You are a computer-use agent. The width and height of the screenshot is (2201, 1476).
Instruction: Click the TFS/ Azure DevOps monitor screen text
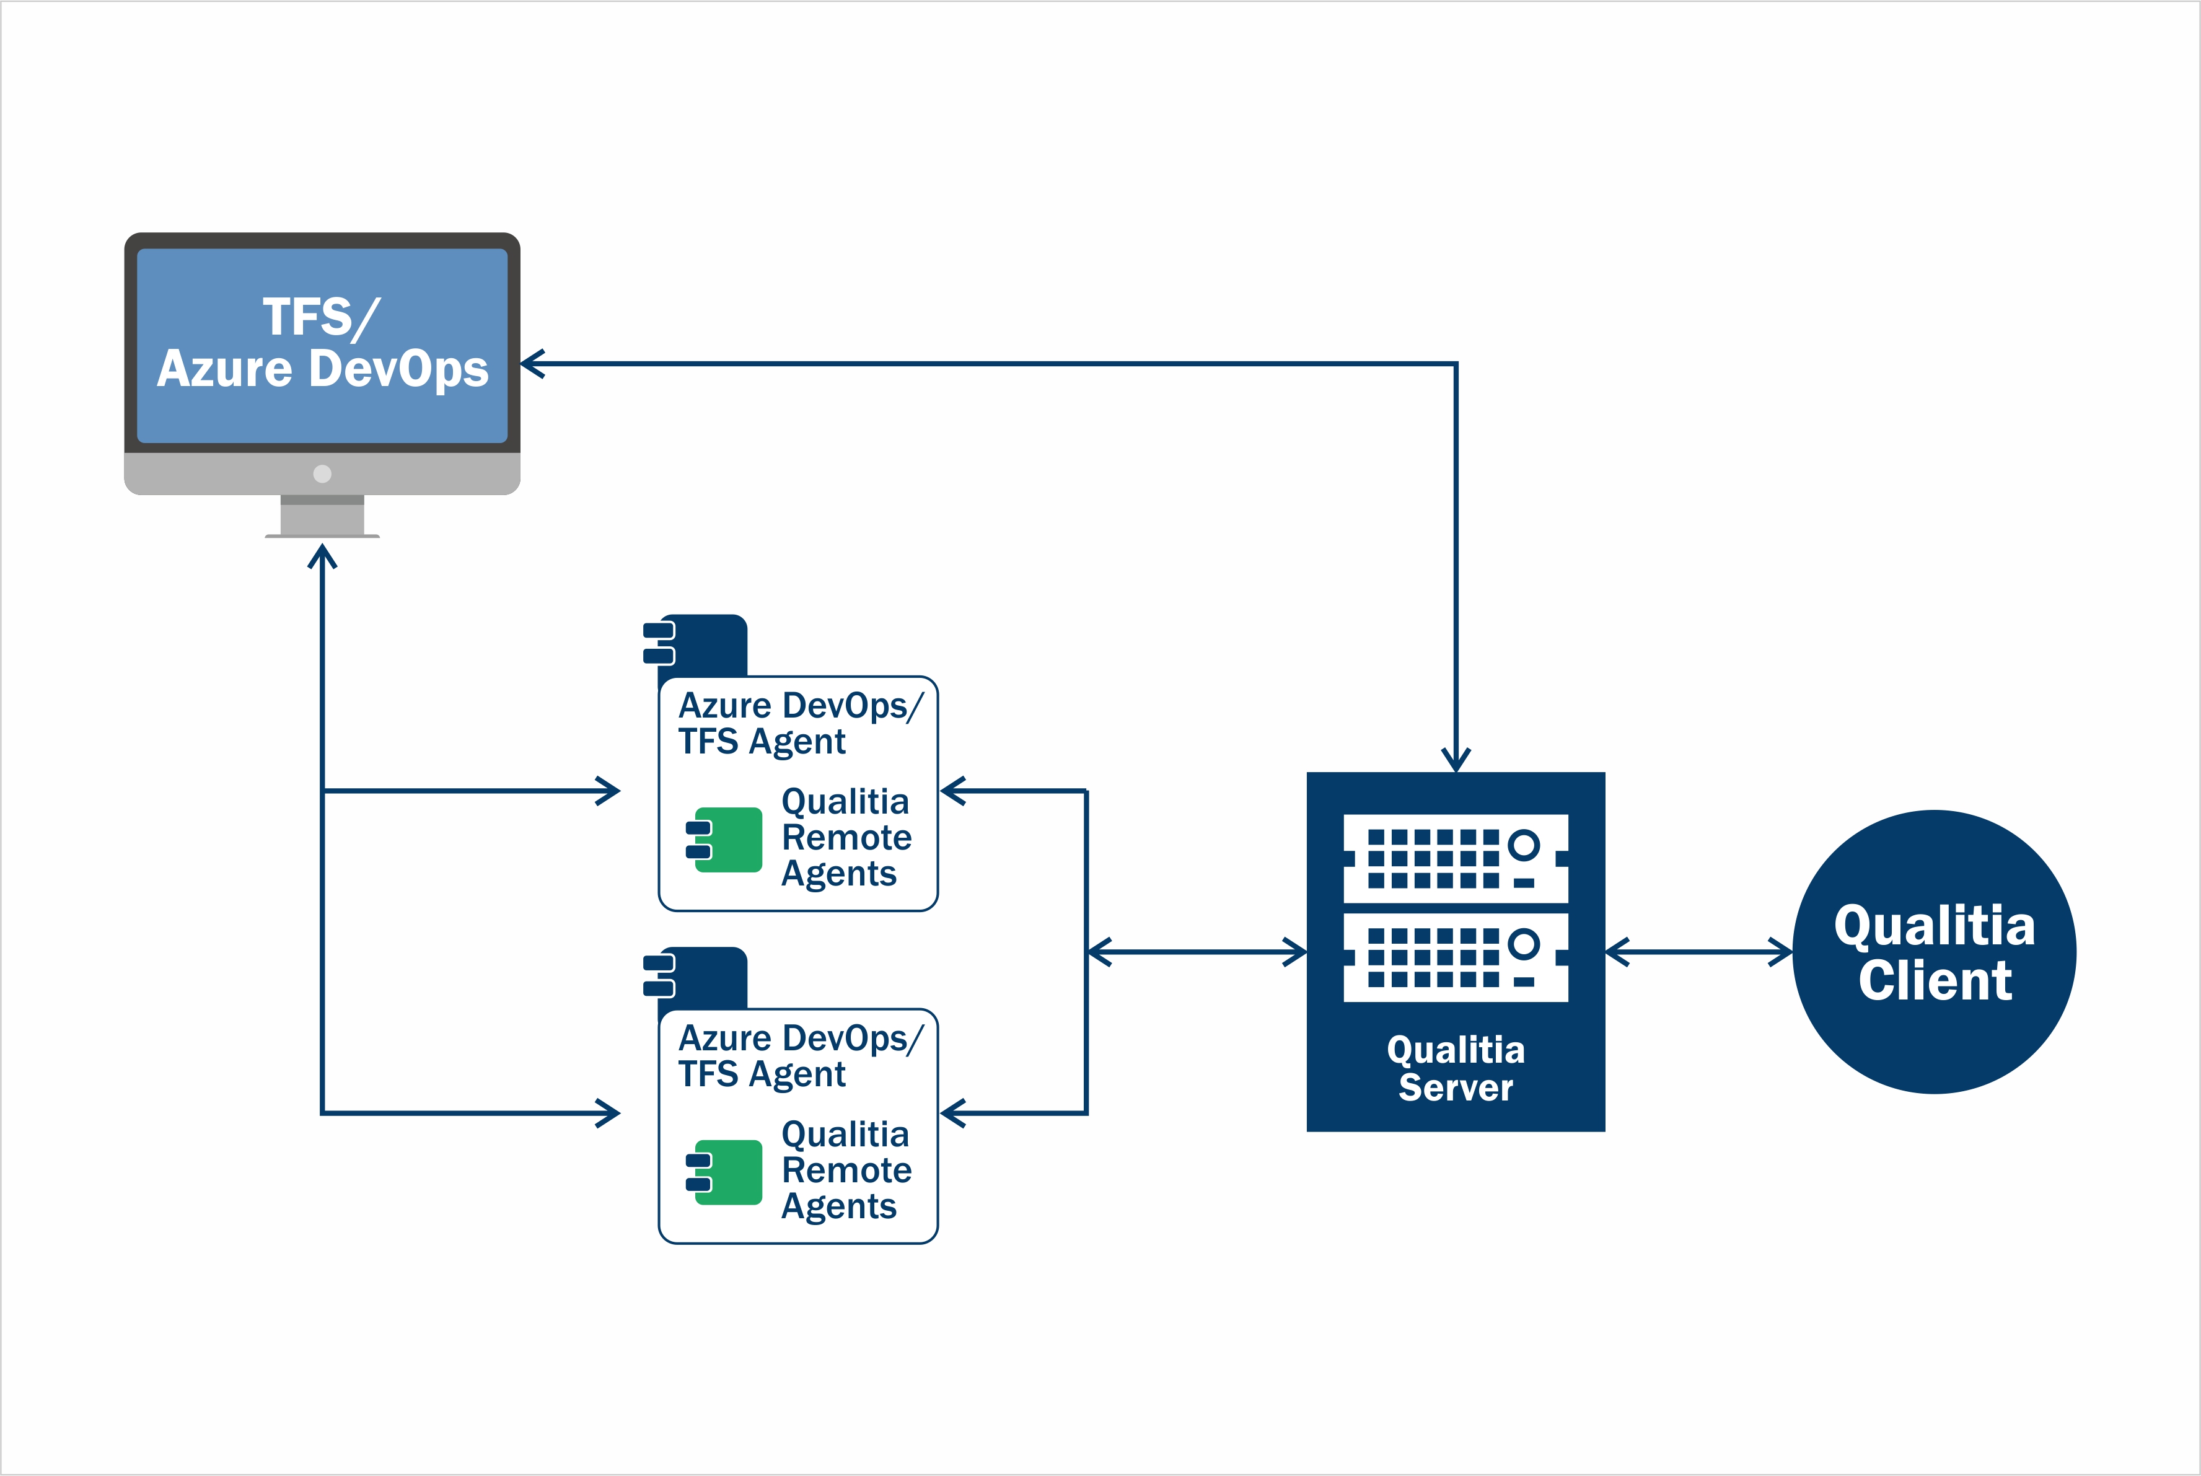pos(322,343)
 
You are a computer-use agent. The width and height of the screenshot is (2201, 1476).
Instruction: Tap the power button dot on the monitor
pos(322,473)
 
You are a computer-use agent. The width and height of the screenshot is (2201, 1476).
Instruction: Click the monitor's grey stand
pos(322,516)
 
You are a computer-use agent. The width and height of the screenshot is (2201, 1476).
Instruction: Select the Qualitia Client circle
pos(1934,952)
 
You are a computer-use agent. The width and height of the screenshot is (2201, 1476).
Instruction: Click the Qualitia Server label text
pos(1456,1068)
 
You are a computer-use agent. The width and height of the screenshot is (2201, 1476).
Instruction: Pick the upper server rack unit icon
pos(1456,858)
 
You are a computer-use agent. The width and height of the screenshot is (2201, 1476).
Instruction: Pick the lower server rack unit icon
pos(1456,957)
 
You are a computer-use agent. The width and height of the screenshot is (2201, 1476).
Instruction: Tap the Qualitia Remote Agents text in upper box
pos(845,838)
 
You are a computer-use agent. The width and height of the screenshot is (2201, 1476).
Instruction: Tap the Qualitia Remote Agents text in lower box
pos(845,1170)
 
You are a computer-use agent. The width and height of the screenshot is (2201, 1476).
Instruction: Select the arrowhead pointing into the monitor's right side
pos(534,363)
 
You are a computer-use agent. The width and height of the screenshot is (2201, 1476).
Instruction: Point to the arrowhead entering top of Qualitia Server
pos(1456,758)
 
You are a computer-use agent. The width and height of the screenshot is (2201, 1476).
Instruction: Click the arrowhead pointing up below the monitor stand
pos(322,557)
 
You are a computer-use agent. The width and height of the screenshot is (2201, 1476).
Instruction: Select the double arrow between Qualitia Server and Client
pos(1698,952)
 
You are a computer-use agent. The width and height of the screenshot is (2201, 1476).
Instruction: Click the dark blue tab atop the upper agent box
pos(702,646)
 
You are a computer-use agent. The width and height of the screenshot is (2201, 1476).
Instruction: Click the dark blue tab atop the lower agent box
pos(702,978)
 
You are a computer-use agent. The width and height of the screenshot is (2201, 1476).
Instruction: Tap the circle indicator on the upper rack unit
pos(1523,845)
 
